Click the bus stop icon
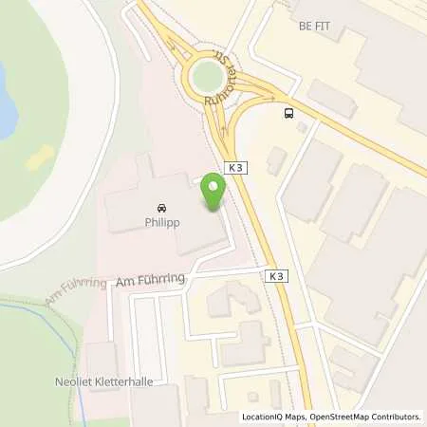(288, 114)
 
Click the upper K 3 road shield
(237, 166)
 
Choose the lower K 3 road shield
(275, 276)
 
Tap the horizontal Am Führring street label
(151, 281)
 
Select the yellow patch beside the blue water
(39, 160)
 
